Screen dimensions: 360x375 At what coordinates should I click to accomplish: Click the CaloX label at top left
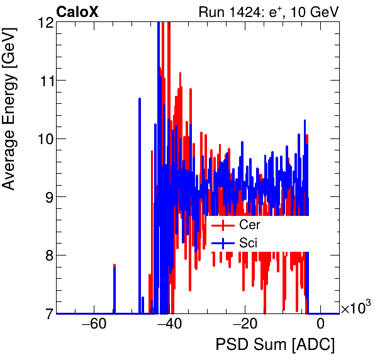click(77, 11)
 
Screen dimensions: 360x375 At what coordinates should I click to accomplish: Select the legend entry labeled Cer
click(249, 225)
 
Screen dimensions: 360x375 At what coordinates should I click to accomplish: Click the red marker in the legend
click(223, 225)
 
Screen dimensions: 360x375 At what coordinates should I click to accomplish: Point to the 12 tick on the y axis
click(44, 23)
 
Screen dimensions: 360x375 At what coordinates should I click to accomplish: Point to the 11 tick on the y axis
click(44, 81)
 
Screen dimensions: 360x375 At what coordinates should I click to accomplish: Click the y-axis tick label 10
click(44, 138)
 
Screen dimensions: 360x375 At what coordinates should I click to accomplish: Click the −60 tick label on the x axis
click(94, 325)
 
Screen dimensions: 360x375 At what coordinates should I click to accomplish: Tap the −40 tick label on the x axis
click(169, 325)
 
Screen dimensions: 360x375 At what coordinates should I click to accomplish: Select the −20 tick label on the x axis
click(245, 325)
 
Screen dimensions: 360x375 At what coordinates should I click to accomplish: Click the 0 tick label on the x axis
click(321, 325)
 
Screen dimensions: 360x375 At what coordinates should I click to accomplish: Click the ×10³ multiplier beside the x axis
click(356, 308)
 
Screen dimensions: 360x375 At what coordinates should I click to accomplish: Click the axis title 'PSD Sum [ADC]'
click(275, 346)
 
